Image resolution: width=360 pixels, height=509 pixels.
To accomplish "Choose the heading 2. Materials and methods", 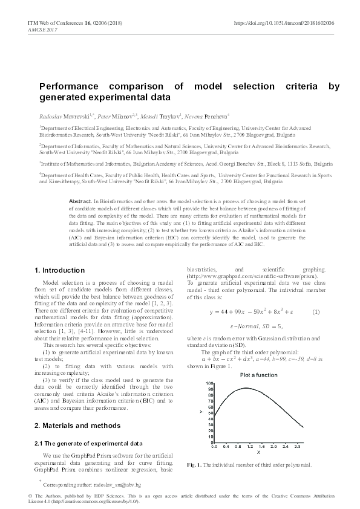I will click(73, 425).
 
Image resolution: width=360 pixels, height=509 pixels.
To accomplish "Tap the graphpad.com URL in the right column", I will click(257, 276).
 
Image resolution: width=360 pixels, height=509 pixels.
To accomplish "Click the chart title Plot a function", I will click(258, 375).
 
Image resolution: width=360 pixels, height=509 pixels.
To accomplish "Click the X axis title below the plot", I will click(258, 452).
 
